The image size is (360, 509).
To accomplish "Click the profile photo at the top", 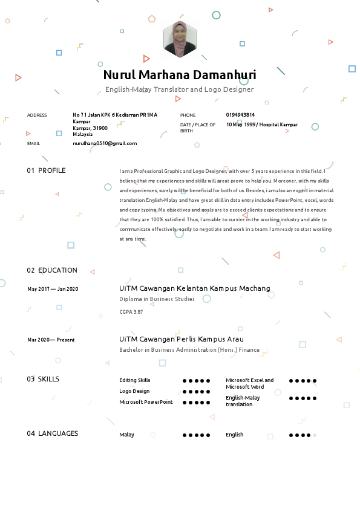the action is tap(180, 39).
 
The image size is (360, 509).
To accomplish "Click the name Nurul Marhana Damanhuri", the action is tap(180, 76).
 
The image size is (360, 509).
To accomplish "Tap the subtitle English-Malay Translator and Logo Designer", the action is tap(180, 89).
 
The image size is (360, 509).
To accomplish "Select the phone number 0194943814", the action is tap(240, 115).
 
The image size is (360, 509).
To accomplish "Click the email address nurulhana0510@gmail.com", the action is tap(105, 143).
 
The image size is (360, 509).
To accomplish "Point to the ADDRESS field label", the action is tap(37, 115).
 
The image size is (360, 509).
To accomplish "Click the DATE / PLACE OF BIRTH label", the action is tap(197, 128).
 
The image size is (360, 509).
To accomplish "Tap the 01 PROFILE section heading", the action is tap(46, 170).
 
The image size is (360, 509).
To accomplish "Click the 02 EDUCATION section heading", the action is tap(52, 270).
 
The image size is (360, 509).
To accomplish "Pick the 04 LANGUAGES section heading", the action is tap(53, 433).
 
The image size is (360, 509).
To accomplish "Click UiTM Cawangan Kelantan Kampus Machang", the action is tap(195, 288).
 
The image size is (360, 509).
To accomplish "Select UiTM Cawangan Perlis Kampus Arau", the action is tap(182, 339).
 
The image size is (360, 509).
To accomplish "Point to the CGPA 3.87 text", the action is tap(131, 311).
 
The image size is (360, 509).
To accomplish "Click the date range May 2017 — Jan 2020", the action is tap(53, 289).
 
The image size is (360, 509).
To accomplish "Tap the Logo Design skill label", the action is tap(134, 391).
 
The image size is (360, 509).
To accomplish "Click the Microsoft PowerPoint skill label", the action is tap(146, 402).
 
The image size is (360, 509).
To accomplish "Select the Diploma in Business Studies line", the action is tap(157, 299).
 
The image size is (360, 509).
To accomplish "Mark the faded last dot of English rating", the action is tap(315, 435).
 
